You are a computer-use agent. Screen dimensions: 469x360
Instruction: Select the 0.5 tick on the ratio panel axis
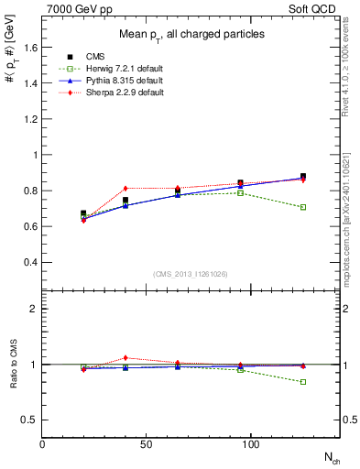(28, 420)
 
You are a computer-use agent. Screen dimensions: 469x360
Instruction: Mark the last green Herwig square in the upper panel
(303, 207)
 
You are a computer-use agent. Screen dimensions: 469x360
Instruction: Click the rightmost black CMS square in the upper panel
(303, 177)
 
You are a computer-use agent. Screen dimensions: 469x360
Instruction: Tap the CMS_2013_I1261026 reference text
(191, 274)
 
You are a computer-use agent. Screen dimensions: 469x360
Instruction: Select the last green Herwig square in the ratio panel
(303, 382)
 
